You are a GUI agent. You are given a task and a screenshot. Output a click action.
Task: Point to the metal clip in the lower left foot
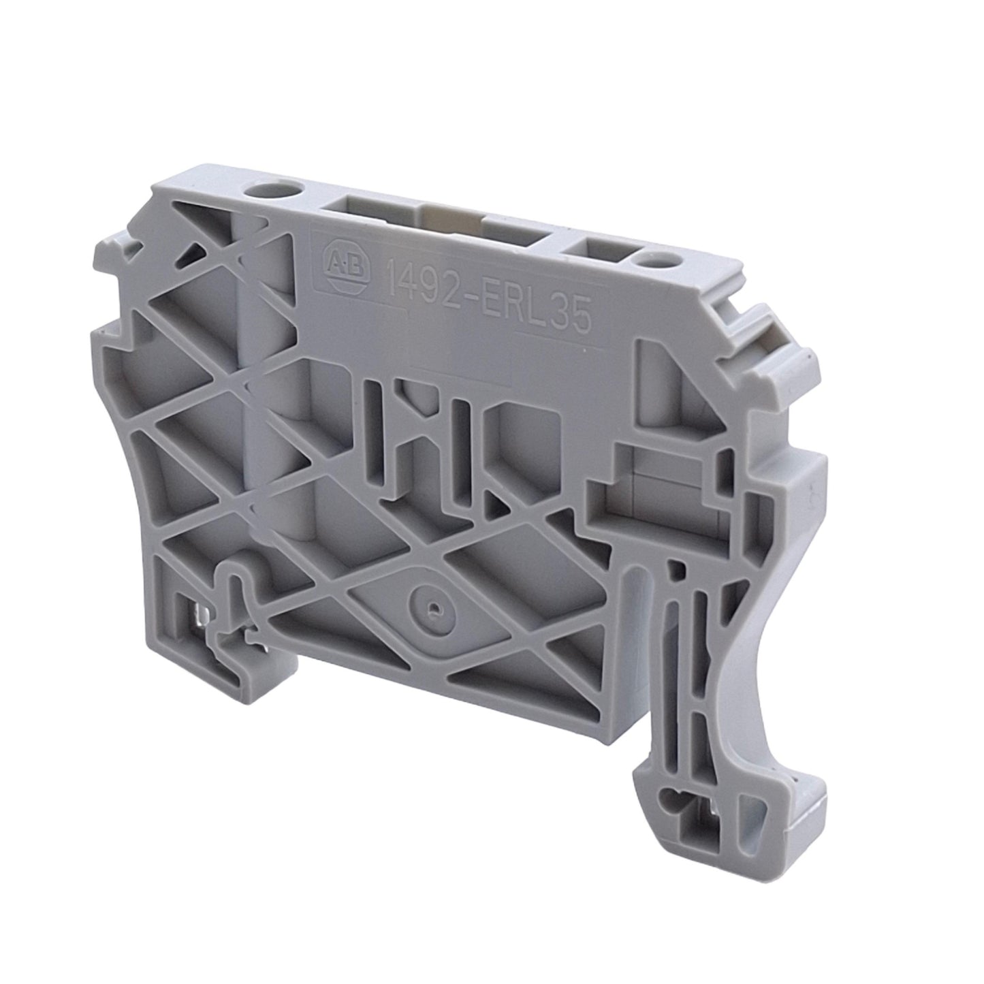click(200, 624)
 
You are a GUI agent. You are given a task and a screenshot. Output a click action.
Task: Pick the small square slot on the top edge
click(599, 255)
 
